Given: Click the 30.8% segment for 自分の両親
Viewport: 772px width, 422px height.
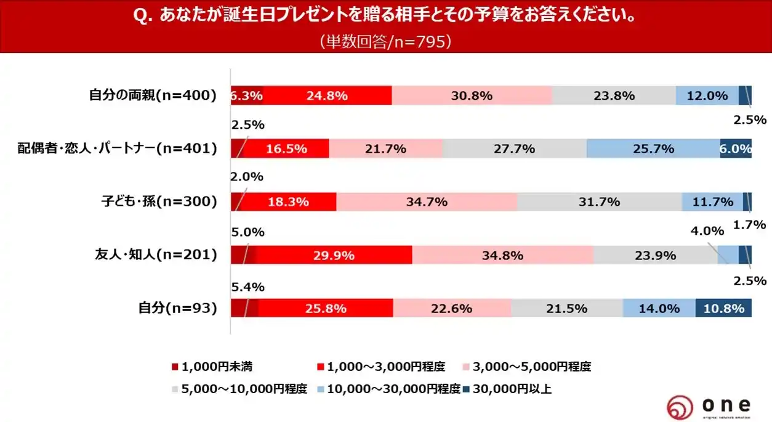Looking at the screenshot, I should [x=472, y=95].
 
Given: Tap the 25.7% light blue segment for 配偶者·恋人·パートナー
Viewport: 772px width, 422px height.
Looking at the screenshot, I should [x=653, y=148].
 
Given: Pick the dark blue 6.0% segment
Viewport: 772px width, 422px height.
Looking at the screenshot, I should [x=736, y=148].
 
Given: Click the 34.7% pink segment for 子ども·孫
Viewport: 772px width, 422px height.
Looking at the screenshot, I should [x=427, y=201].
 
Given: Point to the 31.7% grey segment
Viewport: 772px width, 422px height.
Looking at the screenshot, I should [x=599, y=201].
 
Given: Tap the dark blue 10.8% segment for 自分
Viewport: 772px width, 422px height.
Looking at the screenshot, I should [x=723, y=308].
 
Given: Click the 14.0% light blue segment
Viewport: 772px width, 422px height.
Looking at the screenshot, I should [x=659, y=308].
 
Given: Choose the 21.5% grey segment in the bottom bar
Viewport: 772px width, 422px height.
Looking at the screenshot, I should [x=566, y=308].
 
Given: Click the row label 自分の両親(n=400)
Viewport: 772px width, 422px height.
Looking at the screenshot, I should [x=153, y=95].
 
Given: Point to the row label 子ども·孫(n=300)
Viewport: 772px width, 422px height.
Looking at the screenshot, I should [x=159, y=201].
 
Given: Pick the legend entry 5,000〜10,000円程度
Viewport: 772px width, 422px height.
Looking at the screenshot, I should [x=239, y=389].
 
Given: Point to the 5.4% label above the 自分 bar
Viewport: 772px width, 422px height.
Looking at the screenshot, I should [x=247, y=286].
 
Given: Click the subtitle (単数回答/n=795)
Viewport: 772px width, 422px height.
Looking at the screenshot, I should [x=386, y=41].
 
